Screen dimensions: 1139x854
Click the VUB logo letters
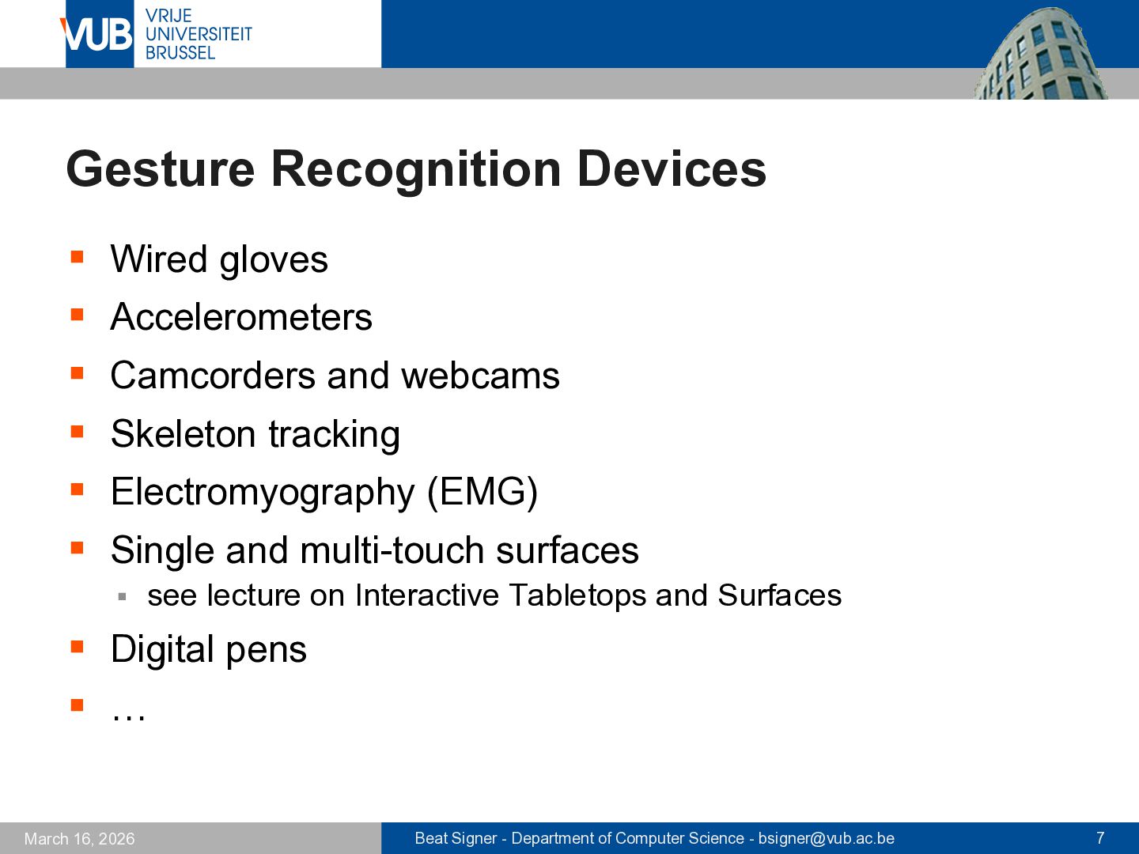coord(96,35)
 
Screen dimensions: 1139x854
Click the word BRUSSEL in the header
coord(180,53)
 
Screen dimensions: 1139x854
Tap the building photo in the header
coord(1040,54)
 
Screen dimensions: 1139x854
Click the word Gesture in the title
coord(161,170)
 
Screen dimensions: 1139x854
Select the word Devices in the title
coord(672,169)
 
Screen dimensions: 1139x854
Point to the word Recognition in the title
coord(415,170)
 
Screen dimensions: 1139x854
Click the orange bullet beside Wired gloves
coord(78,257)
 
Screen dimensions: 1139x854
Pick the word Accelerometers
coord(241,317)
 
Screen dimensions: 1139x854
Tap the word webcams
coord(480,376)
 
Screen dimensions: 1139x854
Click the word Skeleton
coord(183,434)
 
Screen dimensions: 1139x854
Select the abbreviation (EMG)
coord(482,492)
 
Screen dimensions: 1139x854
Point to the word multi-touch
coord(392,550)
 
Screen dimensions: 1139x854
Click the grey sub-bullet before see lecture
coord(123,596)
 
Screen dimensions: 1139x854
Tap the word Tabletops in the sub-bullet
coord(577,596)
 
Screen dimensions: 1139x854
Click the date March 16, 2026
coord(79,839)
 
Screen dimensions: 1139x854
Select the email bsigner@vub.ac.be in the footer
coord(826,838)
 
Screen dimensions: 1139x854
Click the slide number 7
coord(1100,838)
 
